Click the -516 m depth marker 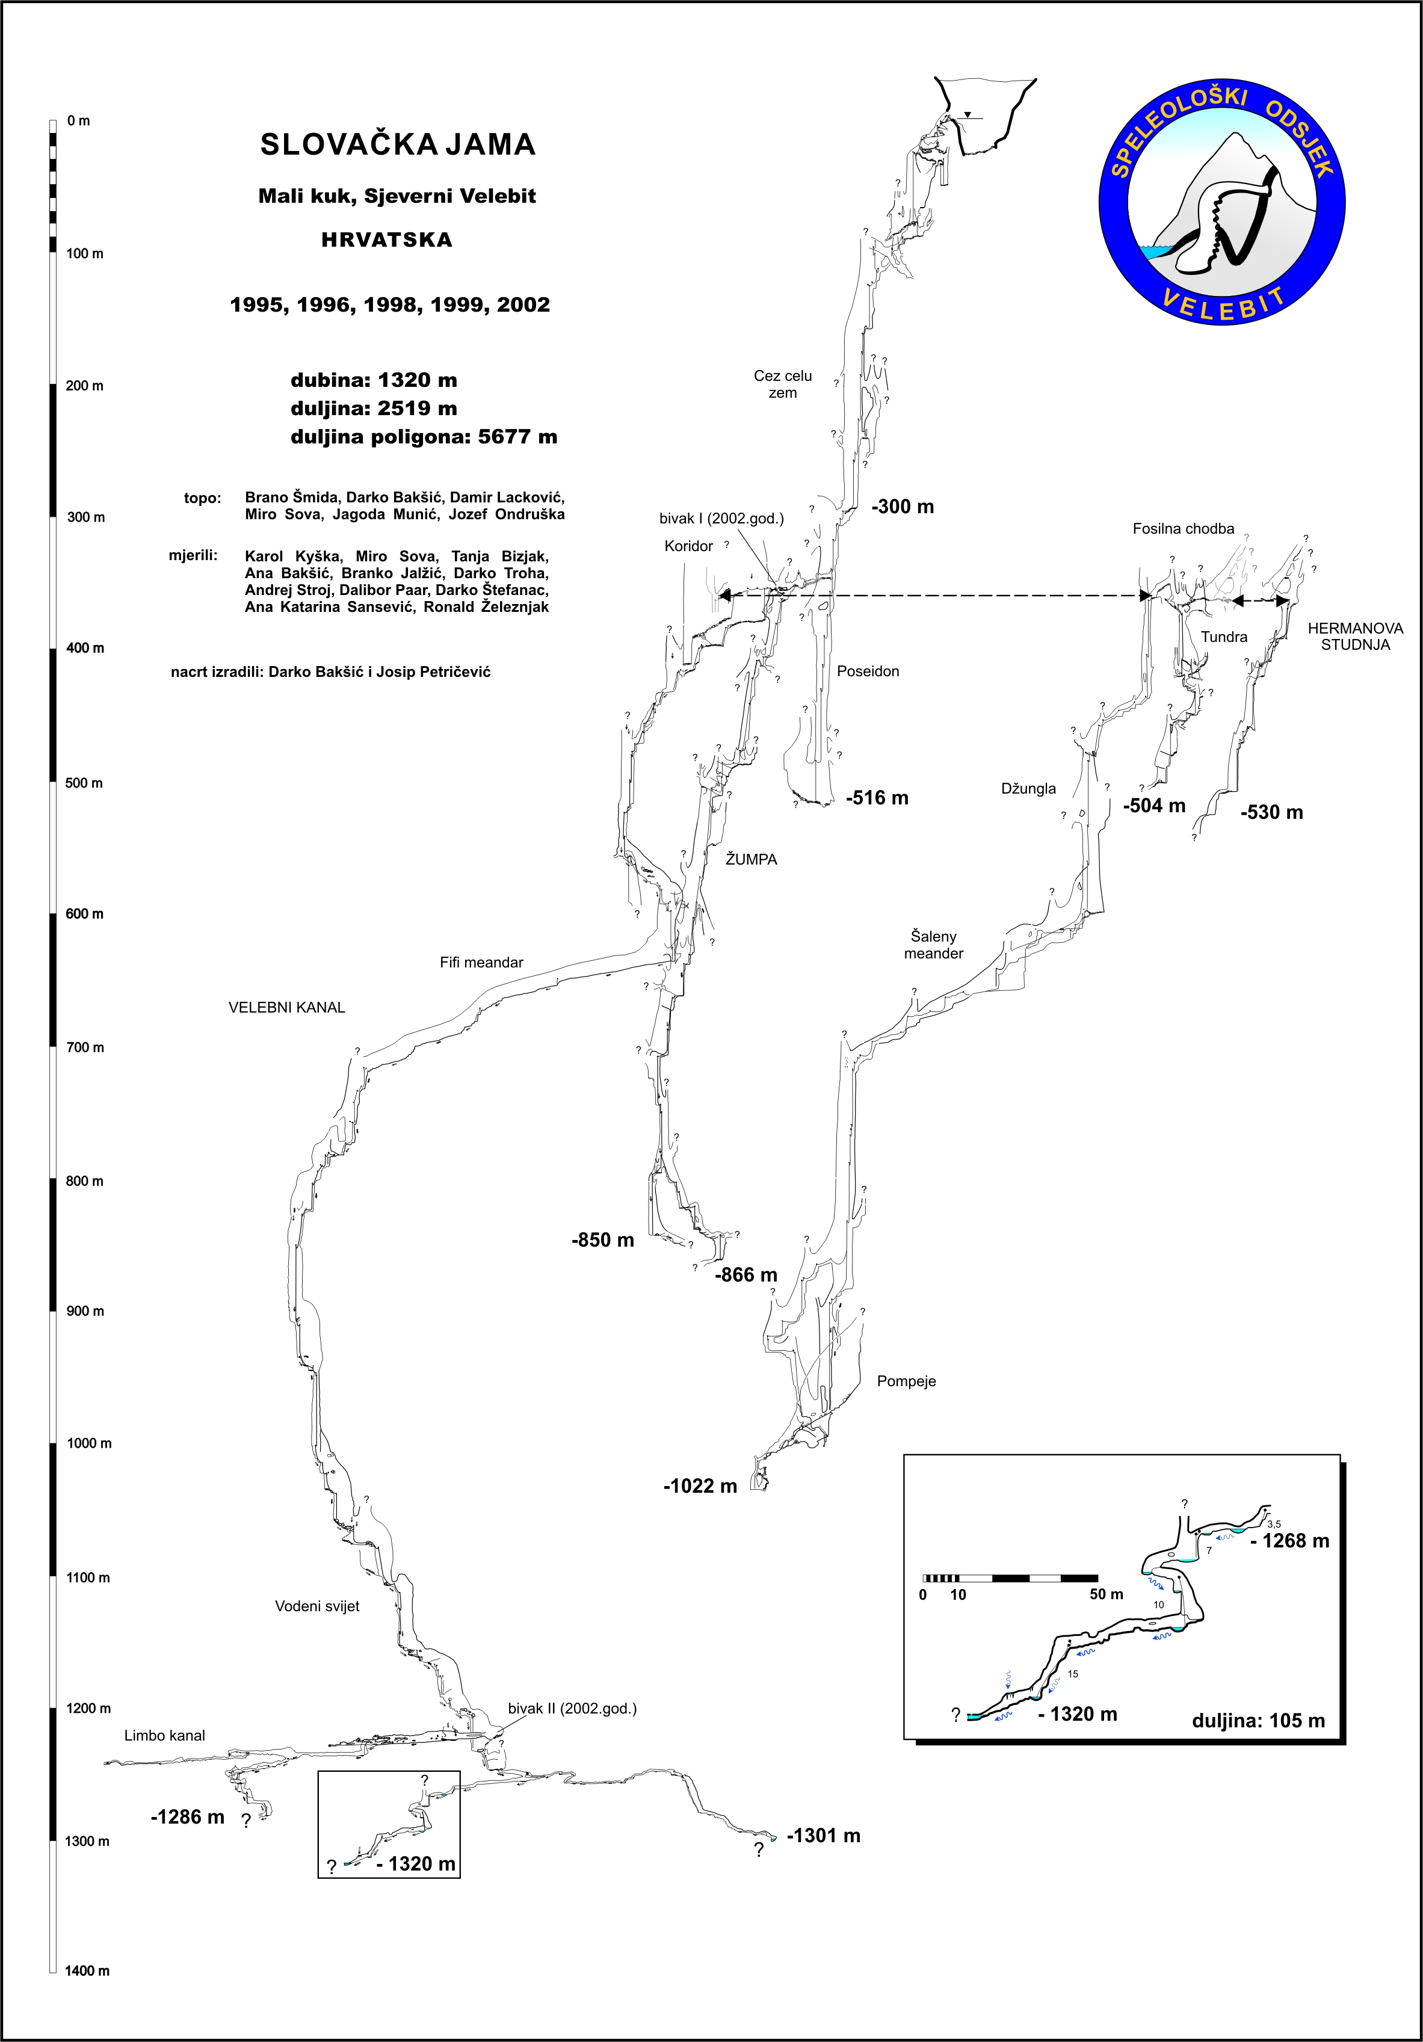877,798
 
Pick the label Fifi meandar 481,962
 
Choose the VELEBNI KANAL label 286,1008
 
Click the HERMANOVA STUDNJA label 1354,636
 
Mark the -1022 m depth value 700,1486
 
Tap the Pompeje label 906,1381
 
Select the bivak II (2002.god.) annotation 572,1709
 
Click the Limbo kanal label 164,1735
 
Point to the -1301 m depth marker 824,1836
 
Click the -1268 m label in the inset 1289,1541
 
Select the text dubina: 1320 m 374,381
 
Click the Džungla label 1028,789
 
